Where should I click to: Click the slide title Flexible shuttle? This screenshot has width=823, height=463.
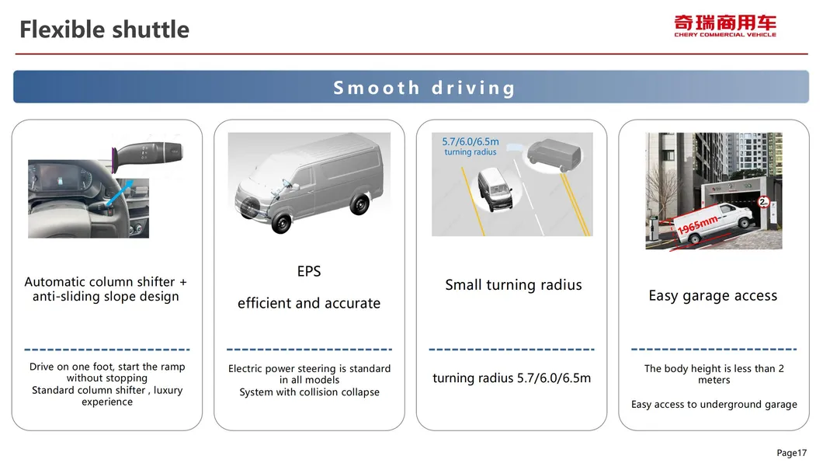(105, 30)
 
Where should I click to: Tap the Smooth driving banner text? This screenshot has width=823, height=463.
(424, 88)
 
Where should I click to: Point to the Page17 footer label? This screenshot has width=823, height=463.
(791, 453)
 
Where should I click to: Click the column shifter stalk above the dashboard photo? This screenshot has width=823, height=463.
(148, 153)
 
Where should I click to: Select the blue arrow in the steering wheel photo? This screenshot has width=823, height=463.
(120, 192)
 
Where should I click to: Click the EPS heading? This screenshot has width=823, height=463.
(309, 271)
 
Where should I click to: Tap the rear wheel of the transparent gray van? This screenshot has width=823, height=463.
(359, 204)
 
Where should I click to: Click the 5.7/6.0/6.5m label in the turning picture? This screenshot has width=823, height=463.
(471, 141)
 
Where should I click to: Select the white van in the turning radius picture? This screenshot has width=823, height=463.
(495, 189)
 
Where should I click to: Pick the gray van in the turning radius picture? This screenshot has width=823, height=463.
(555, 155)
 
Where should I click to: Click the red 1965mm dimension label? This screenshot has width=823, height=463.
(697, 225)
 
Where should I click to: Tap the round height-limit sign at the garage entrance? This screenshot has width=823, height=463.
(763, 201)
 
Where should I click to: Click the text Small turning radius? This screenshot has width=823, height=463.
(513, 285)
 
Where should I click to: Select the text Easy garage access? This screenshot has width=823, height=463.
(713, 296)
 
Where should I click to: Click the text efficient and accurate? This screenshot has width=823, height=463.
(309, 304)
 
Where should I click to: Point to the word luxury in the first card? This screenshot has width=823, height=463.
(168, 391)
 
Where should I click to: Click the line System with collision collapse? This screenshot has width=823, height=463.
(309, 392)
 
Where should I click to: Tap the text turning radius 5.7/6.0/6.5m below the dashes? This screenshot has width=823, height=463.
(512, 378)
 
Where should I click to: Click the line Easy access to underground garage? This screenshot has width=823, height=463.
(714, 404)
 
